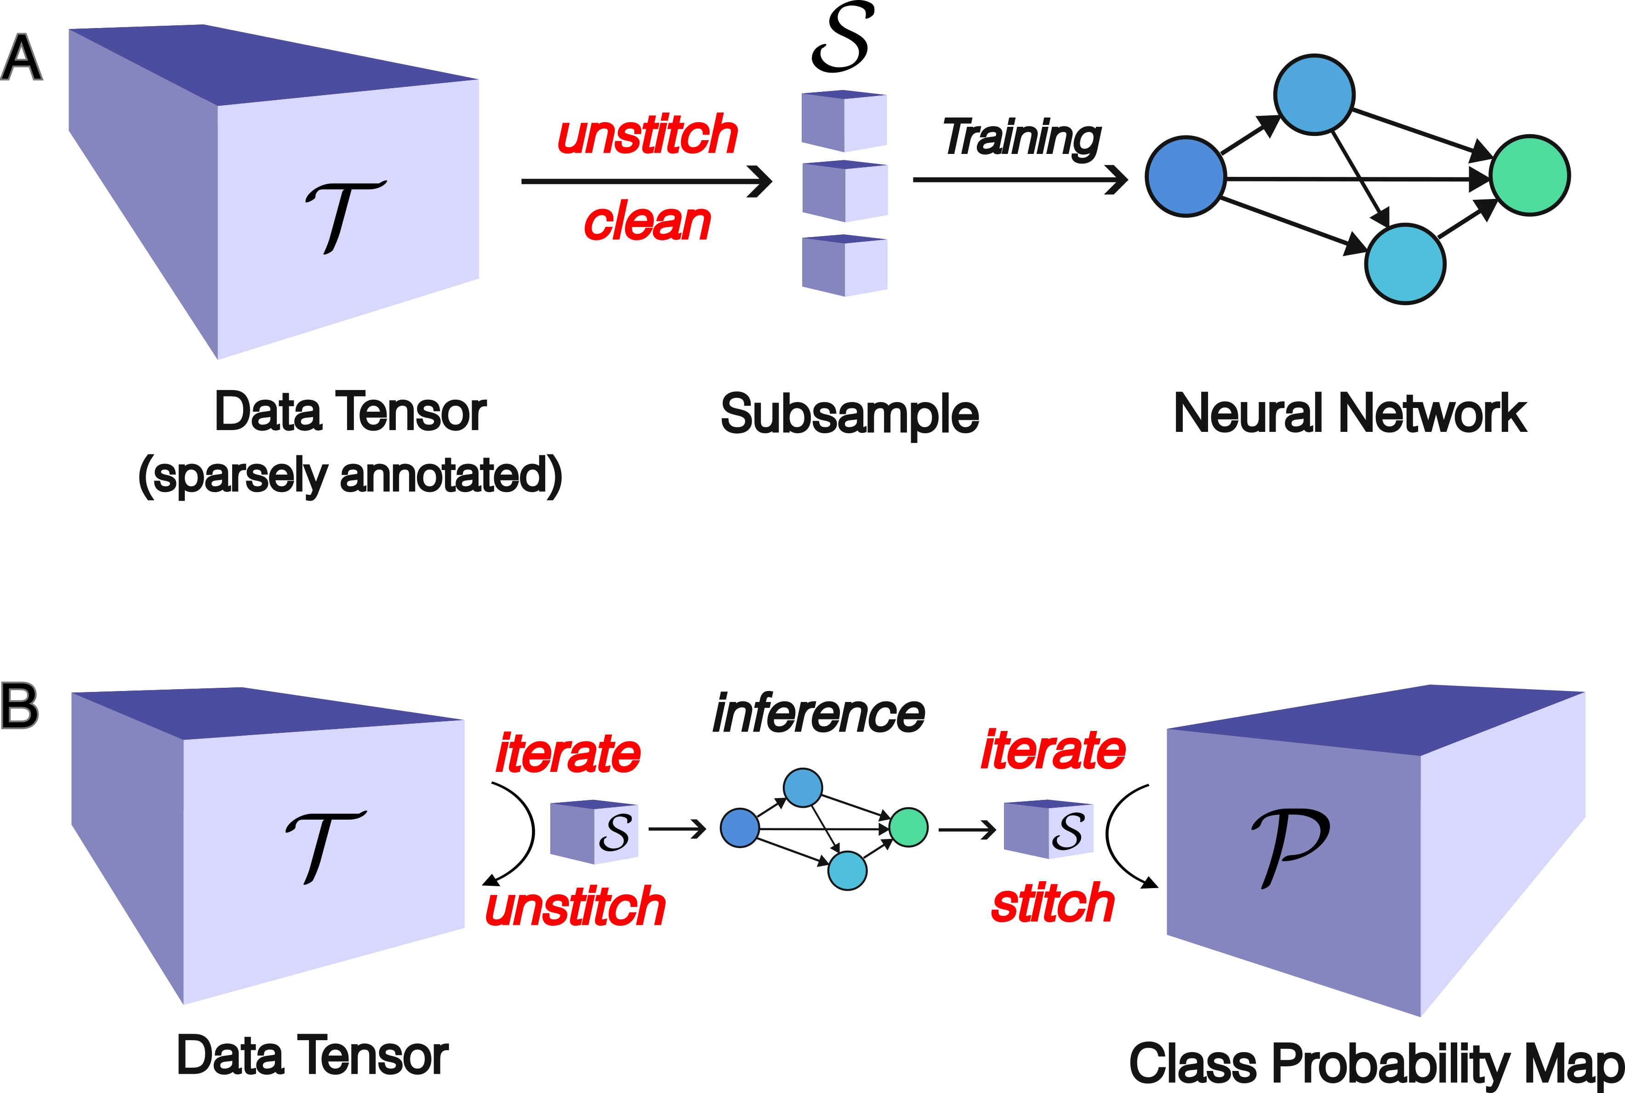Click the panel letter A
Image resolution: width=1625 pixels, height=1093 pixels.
click(21, 58)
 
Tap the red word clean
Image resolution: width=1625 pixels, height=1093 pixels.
click(647, 221)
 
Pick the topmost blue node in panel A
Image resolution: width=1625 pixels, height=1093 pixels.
click(1314, 94)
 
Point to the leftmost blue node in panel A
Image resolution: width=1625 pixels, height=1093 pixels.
click(1186, 176)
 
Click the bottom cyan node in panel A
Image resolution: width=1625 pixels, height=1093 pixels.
click(1405, 264)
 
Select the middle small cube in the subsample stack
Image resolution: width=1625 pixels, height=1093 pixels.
click(844, 191)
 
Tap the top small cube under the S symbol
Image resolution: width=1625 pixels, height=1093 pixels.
click(844, 120)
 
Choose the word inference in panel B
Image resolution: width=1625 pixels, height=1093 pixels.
click(819, 714)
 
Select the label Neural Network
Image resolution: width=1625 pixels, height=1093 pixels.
click(1350, 413)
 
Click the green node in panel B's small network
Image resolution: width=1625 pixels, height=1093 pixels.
click(909, 827)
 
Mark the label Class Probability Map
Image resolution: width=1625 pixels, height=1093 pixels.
click(1375, 1065)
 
